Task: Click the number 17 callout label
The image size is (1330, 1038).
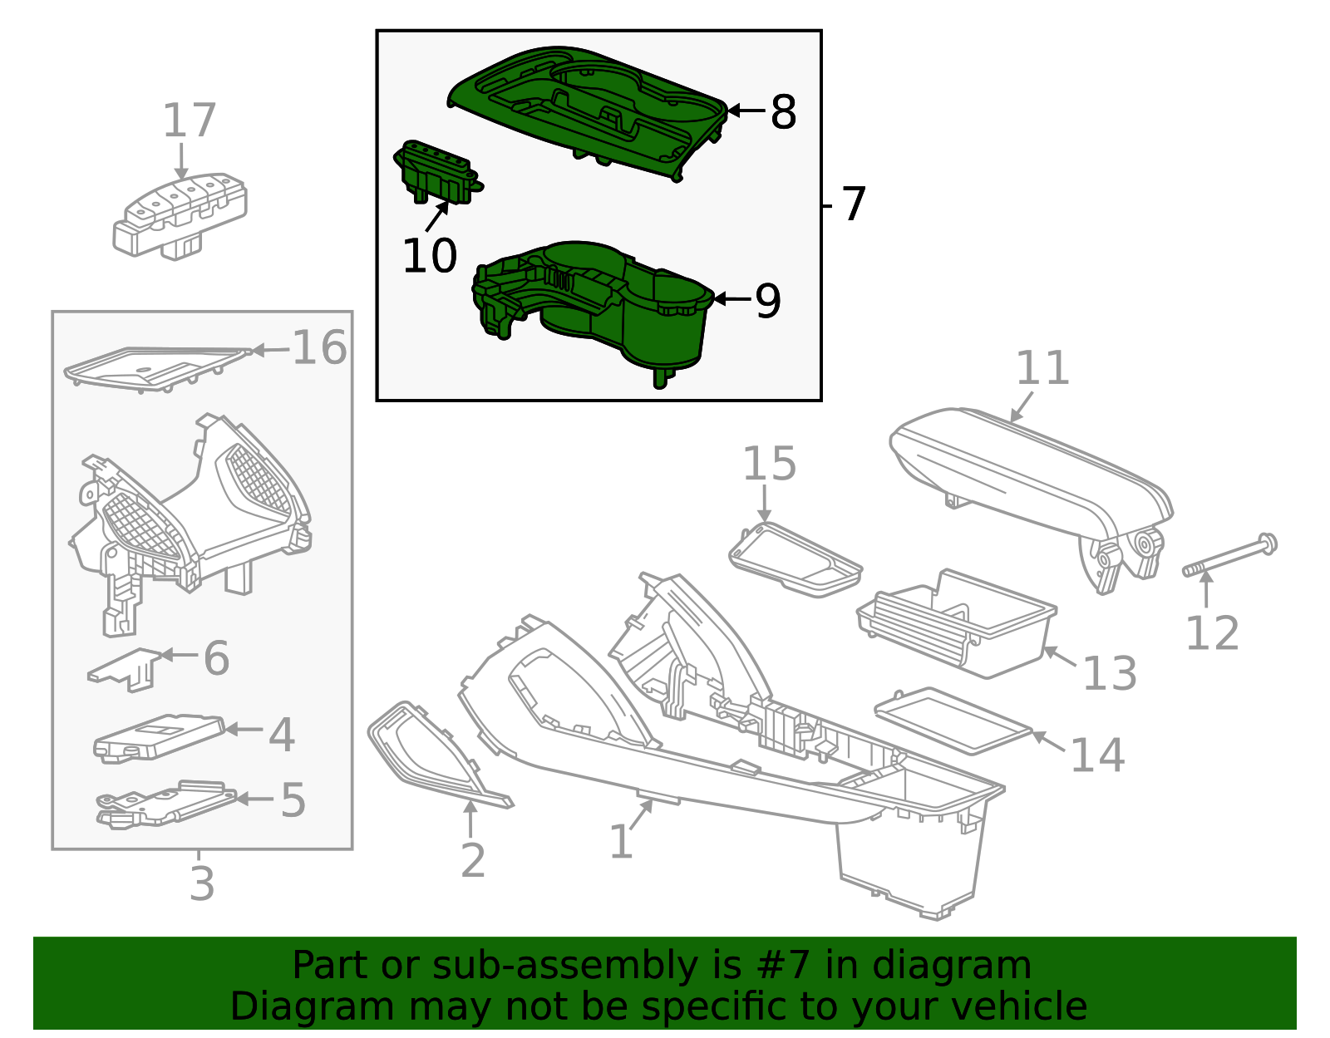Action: click(189, 121)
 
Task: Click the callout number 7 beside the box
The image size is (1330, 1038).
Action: click(854, 204)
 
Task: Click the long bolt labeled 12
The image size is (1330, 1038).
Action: click(1230, 557)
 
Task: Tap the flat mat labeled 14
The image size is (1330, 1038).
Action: click(952, 720)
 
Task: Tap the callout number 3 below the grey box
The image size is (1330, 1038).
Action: click(202, 883)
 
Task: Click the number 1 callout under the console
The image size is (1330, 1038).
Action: click(621, 842)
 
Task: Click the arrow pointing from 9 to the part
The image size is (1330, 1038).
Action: click(731, 299)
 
